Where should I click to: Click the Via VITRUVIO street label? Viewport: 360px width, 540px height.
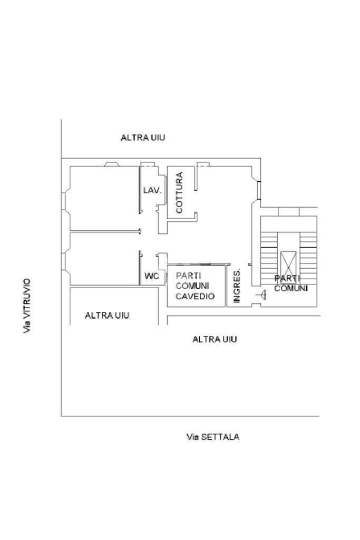27,306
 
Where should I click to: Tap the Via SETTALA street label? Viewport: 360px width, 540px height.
213,437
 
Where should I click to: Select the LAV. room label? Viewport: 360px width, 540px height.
152,190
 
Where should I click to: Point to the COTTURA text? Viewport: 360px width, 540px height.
180,192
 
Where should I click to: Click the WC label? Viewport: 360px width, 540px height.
152,276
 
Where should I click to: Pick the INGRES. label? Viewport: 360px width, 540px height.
237,286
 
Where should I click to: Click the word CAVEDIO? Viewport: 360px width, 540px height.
195,296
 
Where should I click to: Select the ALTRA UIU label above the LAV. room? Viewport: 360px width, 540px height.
143,138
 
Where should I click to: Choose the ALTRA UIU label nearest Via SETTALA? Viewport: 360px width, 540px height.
215,339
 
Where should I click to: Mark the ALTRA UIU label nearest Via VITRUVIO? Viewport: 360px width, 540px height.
107,316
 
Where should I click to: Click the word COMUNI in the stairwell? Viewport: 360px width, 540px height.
291,289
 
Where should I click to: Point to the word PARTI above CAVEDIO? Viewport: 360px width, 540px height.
188,275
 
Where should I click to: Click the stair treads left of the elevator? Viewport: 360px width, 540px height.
269,248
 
